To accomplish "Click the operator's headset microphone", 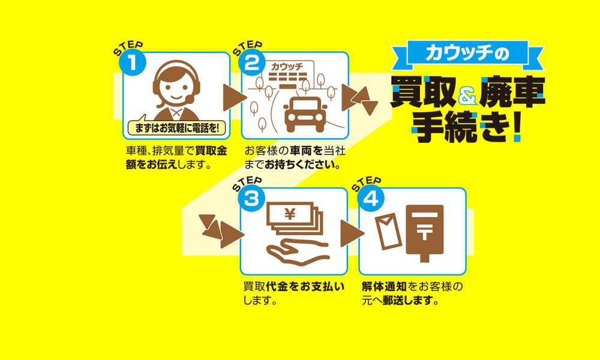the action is tap(189, 99).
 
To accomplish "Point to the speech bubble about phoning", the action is tap(176, 127).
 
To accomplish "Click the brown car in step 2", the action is tap(305, 113).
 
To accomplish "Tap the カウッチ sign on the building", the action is tap(287, 67).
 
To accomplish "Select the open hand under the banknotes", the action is tap(297, 253).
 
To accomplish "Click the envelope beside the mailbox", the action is tap(388, 232).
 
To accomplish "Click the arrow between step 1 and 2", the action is tap(234, 97).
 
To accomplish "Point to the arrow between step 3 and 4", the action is tap(351, 233).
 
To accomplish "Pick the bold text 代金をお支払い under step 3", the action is tap(305, 287).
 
